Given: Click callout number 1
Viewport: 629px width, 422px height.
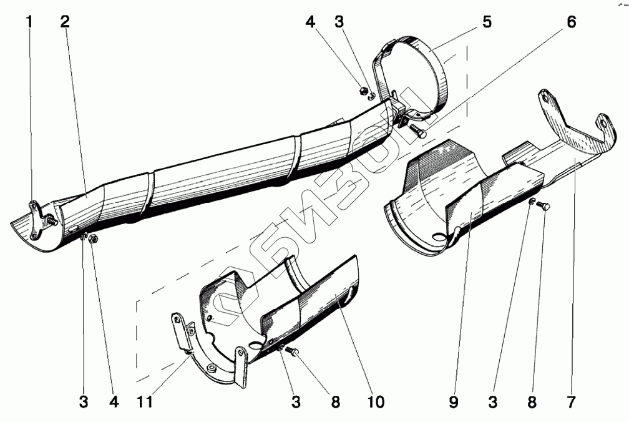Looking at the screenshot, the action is coord(29,22).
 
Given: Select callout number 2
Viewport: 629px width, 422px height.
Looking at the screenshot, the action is coord(66,22).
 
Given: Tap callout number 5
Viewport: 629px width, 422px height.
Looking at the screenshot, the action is coord(486,22).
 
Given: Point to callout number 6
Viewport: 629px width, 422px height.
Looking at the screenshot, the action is coord(572,22).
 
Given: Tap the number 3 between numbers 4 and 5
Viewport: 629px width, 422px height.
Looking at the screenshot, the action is coord(339,22).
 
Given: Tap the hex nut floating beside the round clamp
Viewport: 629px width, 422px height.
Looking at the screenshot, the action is coord(362,91).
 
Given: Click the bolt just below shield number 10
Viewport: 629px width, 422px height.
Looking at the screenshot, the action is coord(295,353).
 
